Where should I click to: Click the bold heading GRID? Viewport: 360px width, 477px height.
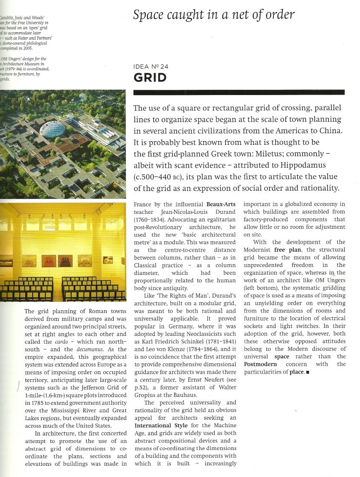point(150,77)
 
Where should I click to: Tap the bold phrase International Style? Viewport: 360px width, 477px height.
point(160,425)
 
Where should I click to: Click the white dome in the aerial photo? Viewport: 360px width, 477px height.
point(54,128)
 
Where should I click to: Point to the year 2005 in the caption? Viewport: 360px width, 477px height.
point(26,48)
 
